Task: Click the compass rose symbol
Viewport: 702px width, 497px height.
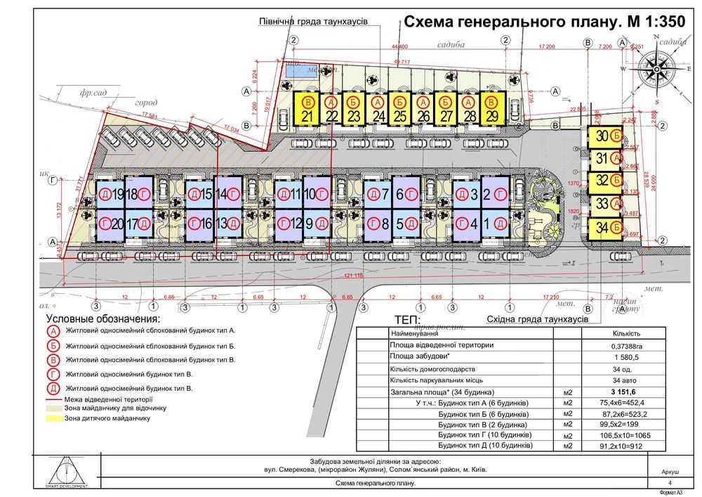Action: point(657,67)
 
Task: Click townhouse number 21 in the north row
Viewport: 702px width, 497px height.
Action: point(306,109)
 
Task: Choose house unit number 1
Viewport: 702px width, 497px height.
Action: point(496,225)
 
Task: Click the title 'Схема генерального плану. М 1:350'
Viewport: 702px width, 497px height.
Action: point(543,22)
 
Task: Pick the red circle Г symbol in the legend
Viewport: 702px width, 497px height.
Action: point(52,374)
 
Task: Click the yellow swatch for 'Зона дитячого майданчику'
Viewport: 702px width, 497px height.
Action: point(53,418)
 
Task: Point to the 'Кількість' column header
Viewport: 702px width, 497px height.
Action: point(625,334)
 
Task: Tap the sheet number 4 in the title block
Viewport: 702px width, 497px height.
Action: point(670,483)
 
